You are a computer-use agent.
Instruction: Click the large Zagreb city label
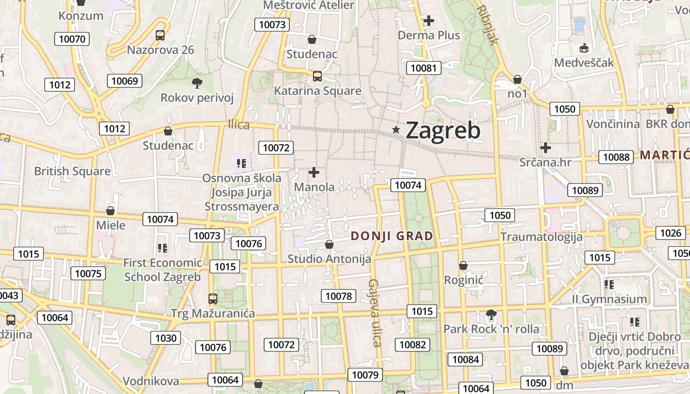[x=443, y=131]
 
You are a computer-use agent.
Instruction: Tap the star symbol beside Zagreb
[x=396, y=130]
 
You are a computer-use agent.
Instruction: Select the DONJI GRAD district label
[x=392, y=236]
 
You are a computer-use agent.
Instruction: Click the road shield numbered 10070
[x=71, y=39]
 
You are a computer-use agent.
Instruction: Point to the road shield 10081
[x=423, y=68]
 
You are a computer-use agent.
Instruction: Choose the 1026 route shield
[x=670, y=233]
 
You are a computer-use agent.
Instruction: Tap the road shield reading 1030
[x=166, y=338]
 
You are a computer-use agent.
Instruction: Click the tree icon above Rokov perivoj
[x=197, y=83]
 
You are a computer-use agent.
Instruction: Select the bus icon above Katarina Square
[x=317, y=76]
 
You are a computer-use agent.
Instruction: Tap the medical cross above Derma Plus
[x=429, y=21]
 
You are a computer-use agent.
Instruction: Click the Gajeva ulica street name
[x=375, y=313]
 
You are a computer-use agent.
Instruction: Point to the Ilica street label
[x=239, y=125]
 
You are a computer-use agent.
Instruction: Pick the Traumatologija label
[x=541, y=237]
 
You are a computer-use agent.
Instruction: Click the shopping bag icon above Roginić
[x=463, y=266]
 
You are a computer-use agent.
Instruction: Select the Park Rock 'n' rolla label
[x=491, y=328]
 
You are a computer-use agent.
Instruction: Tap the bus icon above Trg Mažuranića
[x=213, y=298]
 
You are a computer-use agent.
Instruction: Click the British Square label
[x=72, y=171]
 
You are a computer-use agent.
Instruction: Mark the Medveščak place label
[x=584, y=63]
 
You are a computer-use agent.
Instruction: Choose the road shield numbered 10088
[x=616, y=157]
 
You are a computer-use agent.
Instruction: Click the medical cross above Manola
[x=314, y=172]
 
